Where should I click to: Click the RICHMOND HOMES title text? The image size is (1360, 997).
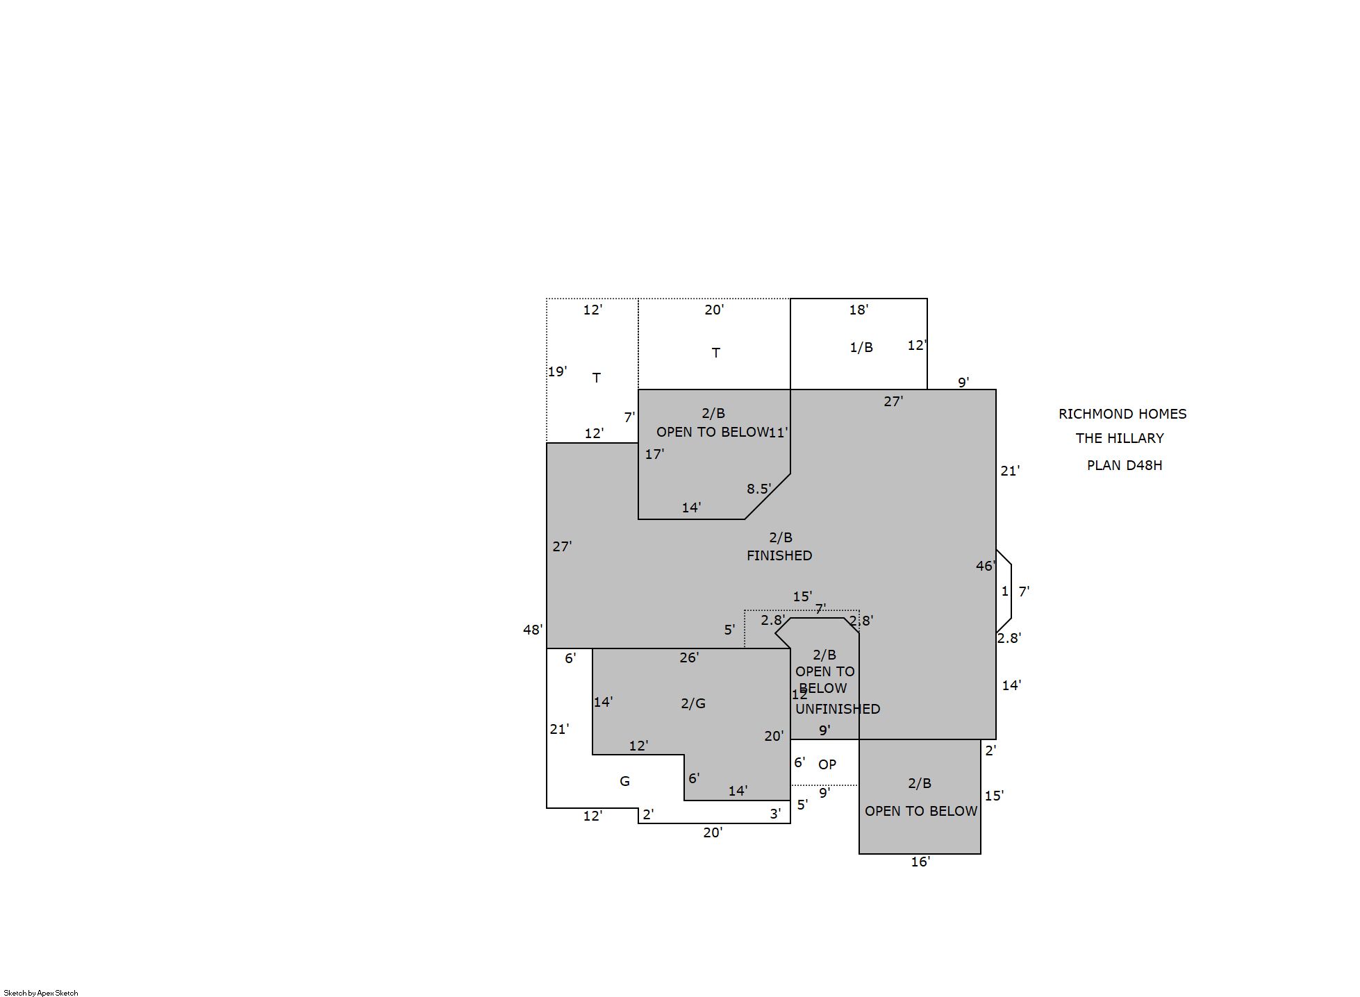click(1122, 414)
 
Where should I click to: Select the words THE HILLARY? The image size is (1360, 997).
click(1120, 438)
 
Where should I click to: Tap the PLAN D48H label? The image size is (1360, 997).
click(1124, 465)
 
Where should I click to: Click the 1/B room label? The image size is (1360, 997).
click(861, 347)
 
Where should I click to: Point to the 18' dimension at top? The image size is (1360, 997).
click(859, 310)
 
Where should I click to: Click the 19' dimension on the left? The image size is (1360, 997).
click(557, 371)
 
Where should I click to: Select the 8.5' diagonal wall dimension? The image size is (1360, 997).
click(758, 489)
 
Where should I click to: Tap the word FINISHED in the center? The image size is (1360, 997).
click(779, 555)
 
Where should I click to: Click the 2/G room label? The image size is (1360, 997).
click(693, 703)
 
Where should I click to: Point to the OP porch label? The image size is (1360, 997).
click(827, 764)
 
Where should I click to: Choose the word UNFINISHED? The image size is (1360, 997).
click(838, 709)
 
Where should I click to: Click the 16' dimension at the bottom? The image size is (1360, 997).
click(920, 862)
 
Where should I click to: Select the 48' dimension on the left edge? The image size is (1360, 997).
click(533, 630)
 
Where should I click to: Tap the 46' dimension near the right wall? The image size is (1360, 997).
click(986, 566)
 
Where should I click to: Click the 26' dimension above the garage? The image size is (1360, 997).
click(689, 657)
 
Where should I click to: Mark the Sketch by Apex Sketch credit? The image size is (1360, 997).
click(41, 993)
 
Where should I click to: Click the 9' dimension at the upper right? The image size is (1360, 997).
click(963, 383)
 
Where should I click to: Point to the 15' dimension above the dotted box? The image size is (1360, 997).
click(802, 596)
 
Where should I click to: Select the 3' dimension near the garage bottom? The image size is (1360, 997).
click(775, 814)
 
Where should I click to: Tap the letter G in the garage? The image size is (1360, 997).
click(624, 781)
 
